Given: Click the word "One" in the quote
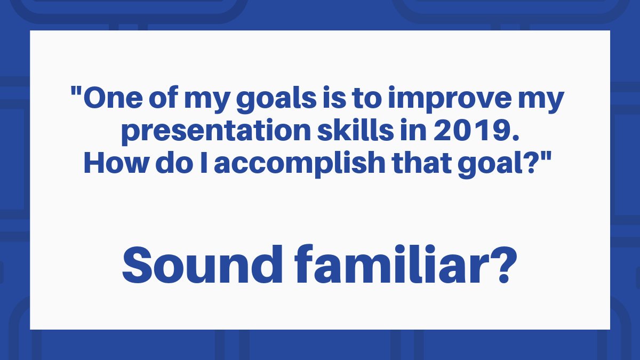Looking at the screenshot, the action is point(113,98).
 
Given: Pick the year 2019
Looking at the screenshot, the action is point(473,130).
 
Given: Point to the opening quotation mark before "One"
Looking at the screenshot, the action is point(76,91).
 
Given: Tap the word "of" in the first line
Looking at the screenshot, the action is point(163,97).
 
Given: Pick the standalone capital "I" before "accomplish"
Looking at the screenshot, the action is point(204,163).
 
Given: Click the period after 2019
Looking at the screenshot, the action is point(515,138).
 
